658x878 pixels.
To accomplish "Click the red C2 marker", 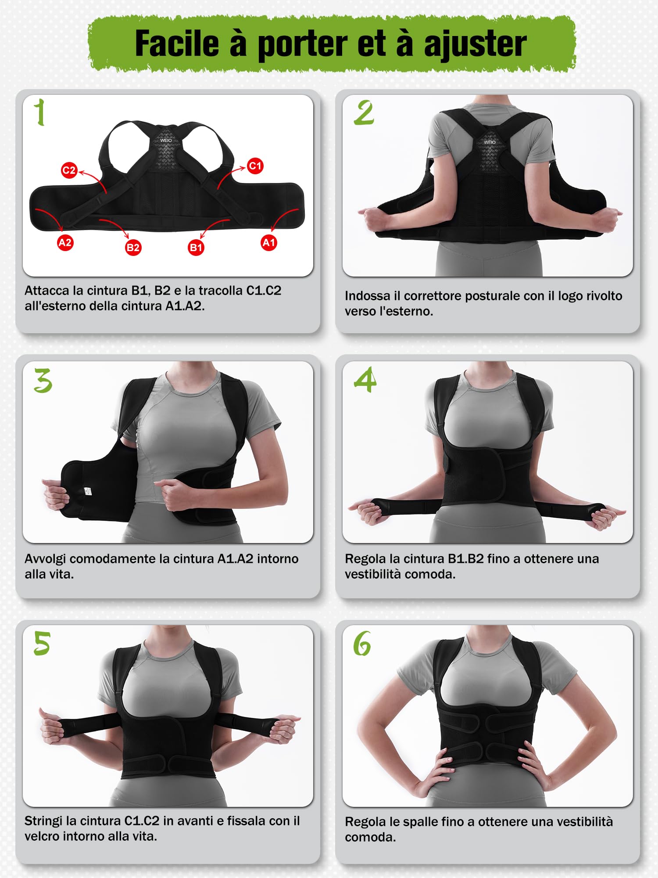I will coord(69,170).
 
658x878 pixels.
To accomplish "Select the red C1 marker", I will coord(255,166).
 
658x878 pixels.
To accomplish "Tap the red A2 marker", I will coord(65,242).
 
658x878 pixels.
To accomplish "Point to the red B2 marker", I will coord(133,248).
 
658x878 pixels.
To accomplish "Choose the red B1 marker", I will coord(196,248).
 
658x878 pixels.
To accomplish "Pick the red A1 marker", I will coord(268,242).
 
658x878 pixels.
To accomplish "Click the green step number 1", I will coord(40,112).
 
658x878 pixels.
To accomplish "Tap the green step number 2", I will coord(364,113).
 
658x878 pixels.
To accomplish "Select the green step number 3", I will coord(43,380).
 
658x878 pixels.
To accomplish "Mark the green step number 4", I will coord(365,380).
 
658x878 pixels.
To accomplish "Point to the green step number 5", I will coord(42,644).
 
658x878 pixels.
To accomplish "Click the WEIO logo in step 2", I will coord(490,142).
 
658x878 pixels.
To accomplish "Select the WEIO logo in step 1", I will coord(166,140).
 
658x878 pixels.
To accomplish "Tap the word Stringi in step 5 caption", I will coord(43,821).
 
